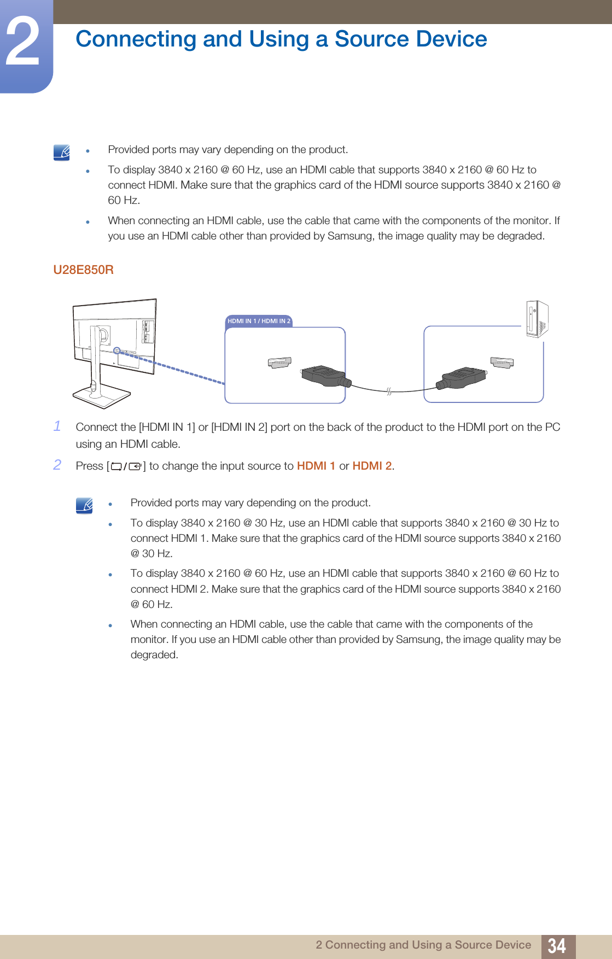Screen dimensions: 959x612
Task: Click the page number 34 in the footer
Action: click(x=557, y=946)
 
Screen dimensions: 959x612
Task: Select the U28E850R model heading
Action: click(x=83, y=270)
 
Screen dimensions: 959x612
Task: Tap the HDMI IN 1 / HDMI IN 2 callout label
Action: click(x=259, y=321)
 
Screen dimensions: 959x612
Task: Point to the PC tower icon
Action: click(x=537, y=319)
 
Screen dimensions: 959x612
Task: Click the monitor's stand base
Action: click(x=101, y=395)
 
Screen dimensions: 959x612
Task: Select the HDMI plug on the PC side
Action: click(x=462, y=377)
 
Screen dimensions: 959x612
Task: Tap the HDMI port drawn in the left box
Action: click(x=279, y=362)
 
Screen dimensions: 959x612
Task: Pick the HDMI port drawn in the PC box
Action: click(x=502, y=362)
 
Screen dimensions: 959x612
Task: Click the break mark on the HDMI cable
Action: click(x=389, y=391)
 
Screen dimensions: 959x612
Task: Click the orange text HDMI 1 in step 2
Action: click(x=316, y=466)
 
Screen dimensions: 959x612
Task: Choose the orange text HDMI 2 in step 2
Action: click(x=372, y=466)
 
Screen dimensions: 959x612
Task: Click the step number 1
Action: click(x=57, y=426)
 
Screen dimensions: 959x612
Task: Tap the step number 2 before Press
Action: click(x=57, y=465)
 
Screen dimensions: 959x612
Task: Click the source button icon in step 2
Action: click(x=126, y=466)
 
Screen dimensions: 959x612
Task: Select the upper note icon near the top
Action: click(x=62, y=153)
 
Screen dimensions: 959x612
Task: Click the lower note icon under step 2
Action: click(x=84, y=505)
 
